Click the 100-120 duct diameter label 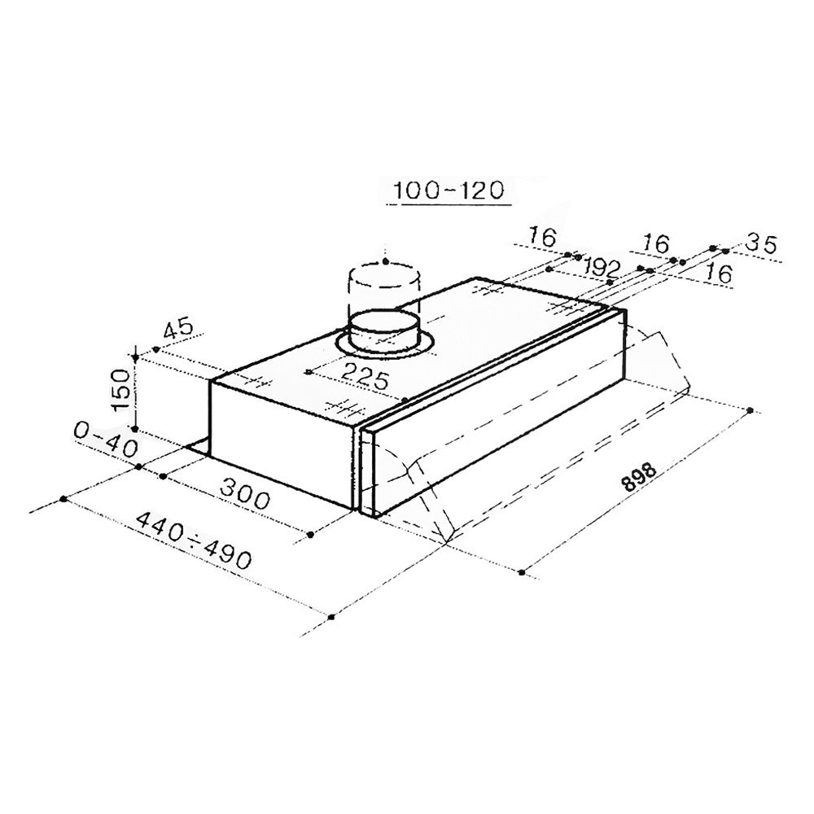click(x=449, y=191)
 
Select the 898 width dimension click(x=640, y=476)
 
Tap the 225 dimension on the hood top click(x=365, y=376)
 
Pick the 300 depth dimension click(x=245, y=493)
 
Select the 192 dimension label click(x=602, y=267)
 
